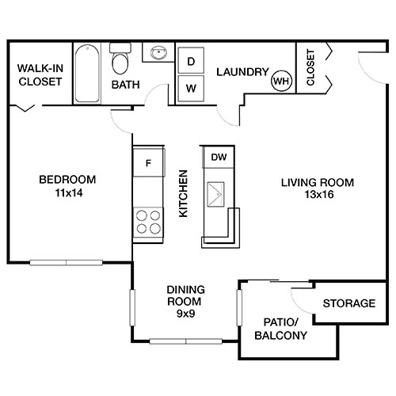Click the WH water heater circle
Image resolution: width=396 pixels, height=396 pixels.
[281, 80]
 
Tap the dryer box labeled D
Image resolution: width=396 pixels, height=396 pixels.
[191, 61]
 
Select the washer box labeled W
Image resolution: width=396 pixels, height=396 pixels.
[191, 88]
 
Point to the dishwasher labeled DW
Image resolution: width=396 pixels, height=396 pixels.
[219, 157]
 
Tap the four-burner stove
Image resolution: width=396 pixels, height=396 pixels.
[147, 221]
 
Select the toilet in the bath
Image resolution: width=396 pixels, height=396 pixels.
[120, 60]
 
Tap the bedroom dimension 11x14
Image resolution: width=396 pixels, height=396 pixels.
[67, 192]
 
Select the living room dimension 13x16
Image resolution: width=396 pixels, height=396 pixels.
[318, 195]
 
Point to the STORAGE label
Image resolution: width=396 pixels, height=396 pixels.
[348, 303]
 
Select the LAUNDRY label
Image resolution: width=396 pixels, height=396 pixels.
[242, 71]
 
